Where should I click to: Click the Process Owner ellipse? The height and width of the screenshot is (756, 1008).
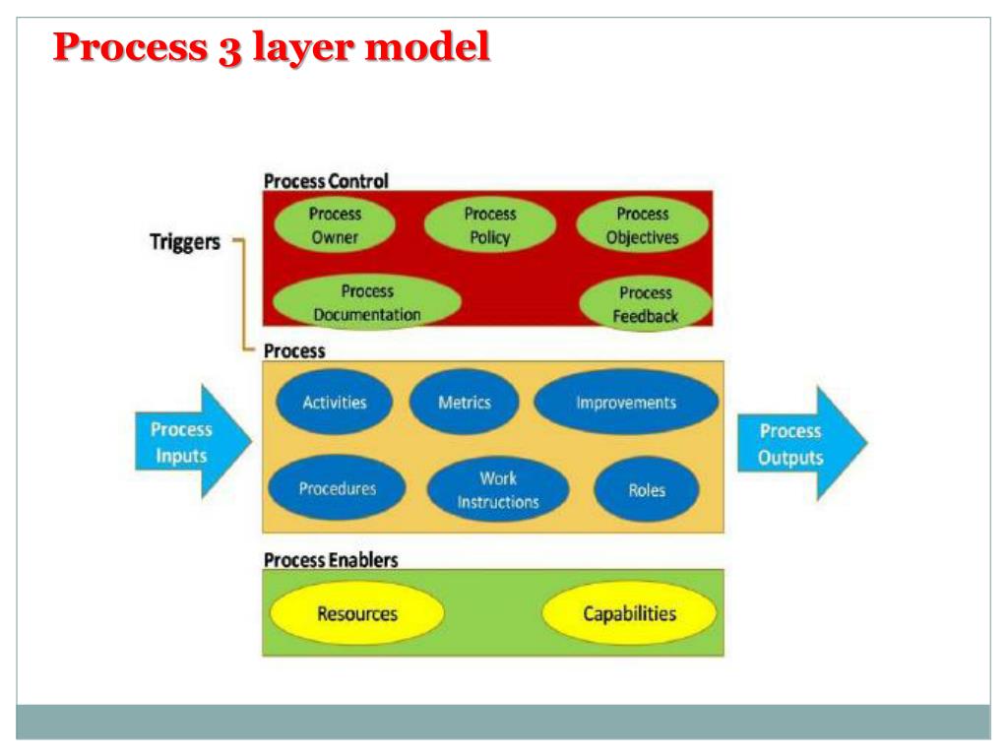pyautogui.click(x=336, y=225)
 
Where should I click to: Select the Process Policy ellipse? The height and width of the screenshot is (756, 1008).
pyautogui.click(x=490, y=225)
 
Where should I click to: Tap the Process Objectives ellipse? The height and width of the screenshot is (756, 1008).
pyautogui.click(x=642, y=225)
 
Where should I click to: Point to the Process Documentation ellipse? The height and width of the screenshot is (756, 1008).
pyautogui.click(x=366, y=303)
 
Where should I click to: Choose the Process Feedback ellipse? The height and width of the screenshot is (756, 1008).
pyautogui.click(x=646, y=304)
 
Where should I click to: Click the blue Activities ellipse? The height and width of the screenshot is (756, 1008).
pyautogui.click(x=335, y=402)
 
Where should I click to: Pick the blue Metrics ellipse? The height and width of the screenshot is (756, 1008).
pyautogui.click(x=464, y=402)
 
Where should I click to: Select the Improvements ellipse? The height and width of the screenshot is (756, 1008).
pyautogui.click(x=626, y=403)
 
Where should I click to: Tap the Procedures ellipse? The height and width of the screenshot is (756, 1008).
pyautogui.click(x=337, y=487)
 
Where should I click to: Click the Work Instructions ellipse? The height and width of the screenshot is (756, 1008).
pyautogui.click(x=498, y=490)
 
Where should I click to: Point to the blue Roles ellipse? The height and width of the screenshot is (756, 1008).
pyautogui.click(x=647, y=490)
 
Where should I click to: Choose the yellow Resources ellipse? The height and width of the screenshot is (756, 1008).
pyautogui.click(x=357, y=614)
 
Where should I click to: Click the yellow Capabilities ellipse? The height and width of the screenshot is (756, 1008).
pyautogui.click(x=630, y=614)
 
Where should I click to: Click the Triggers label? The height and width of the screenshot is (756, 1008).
pyautogui.click(x=184, y=243)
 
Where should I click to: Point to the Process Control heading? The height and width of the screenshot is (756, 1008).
pyautogui.click(x=326, y=181)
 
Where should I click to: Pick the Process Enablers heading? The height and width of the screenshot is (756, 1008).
pyautogui.click(x=331, y=559)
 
